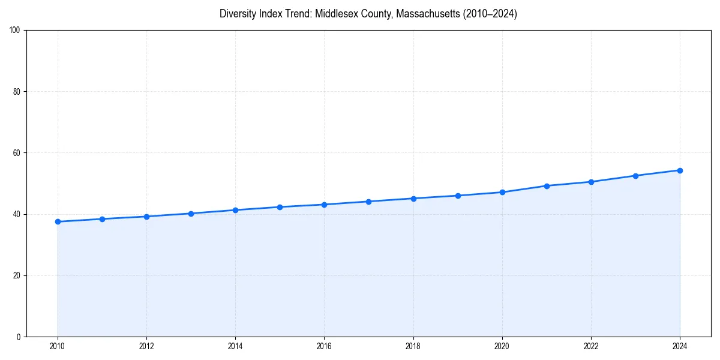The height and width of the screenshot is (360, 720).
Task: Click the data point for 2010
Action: tap(58, 222)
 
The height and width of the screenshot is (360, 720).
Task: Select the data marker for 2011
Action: tap(102, 219)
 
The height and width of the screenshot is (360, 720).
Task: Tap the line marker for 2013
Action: tap(191, 214)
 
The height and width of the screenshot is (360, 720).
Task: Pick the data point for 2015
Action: tap(280, 207)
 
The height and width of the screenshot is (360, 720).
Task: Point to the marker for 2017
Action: tap(368, 202)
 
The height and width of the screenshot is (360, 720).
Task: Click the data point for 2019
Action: tap(458, 196)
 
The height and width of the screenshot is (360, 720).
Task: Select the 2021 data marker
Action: tap(547, 186)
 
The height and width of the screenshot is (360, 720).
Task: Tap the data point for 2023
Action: tap(635, 176)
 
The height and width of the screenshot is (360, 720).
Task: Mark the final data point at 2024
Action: tap(680, 170)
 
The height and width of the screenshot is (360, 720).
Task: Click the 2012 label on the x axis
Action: tap(146, 346)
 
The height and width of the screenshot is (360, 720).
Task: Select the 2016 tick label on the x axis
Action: tap(324, 346)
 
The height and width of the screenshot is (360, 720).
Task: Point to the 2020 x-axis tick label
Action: tap(502, 346)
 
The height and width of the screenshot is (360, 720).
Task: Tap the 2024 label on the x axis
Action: tap(680, 346)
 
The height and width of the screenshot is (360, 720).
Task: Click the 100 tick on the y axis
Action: tap(16, 31)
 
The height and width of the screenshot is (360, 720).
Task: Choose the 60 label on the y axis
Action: tap(17, 153)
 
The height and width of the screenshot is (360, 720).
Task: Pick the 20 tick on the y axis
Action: tap(17, 275)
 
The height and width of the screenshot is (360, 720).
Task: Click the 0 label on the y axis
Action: tap(19, 337)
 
